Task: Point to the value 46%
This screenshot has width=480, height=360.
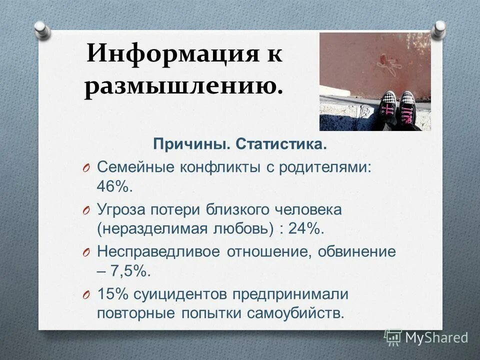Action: click(x=115, y=187)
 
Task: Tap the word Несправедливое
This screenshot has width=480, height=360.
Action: click(x=158, y=251)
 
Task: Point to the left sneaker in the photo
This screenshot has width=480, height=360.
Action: click(x=388, y=107)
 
